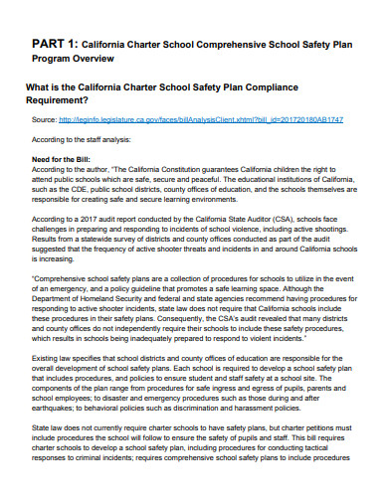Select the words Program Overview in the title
73,59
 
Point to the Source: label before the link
45,119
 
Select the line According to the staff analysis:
81,140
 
